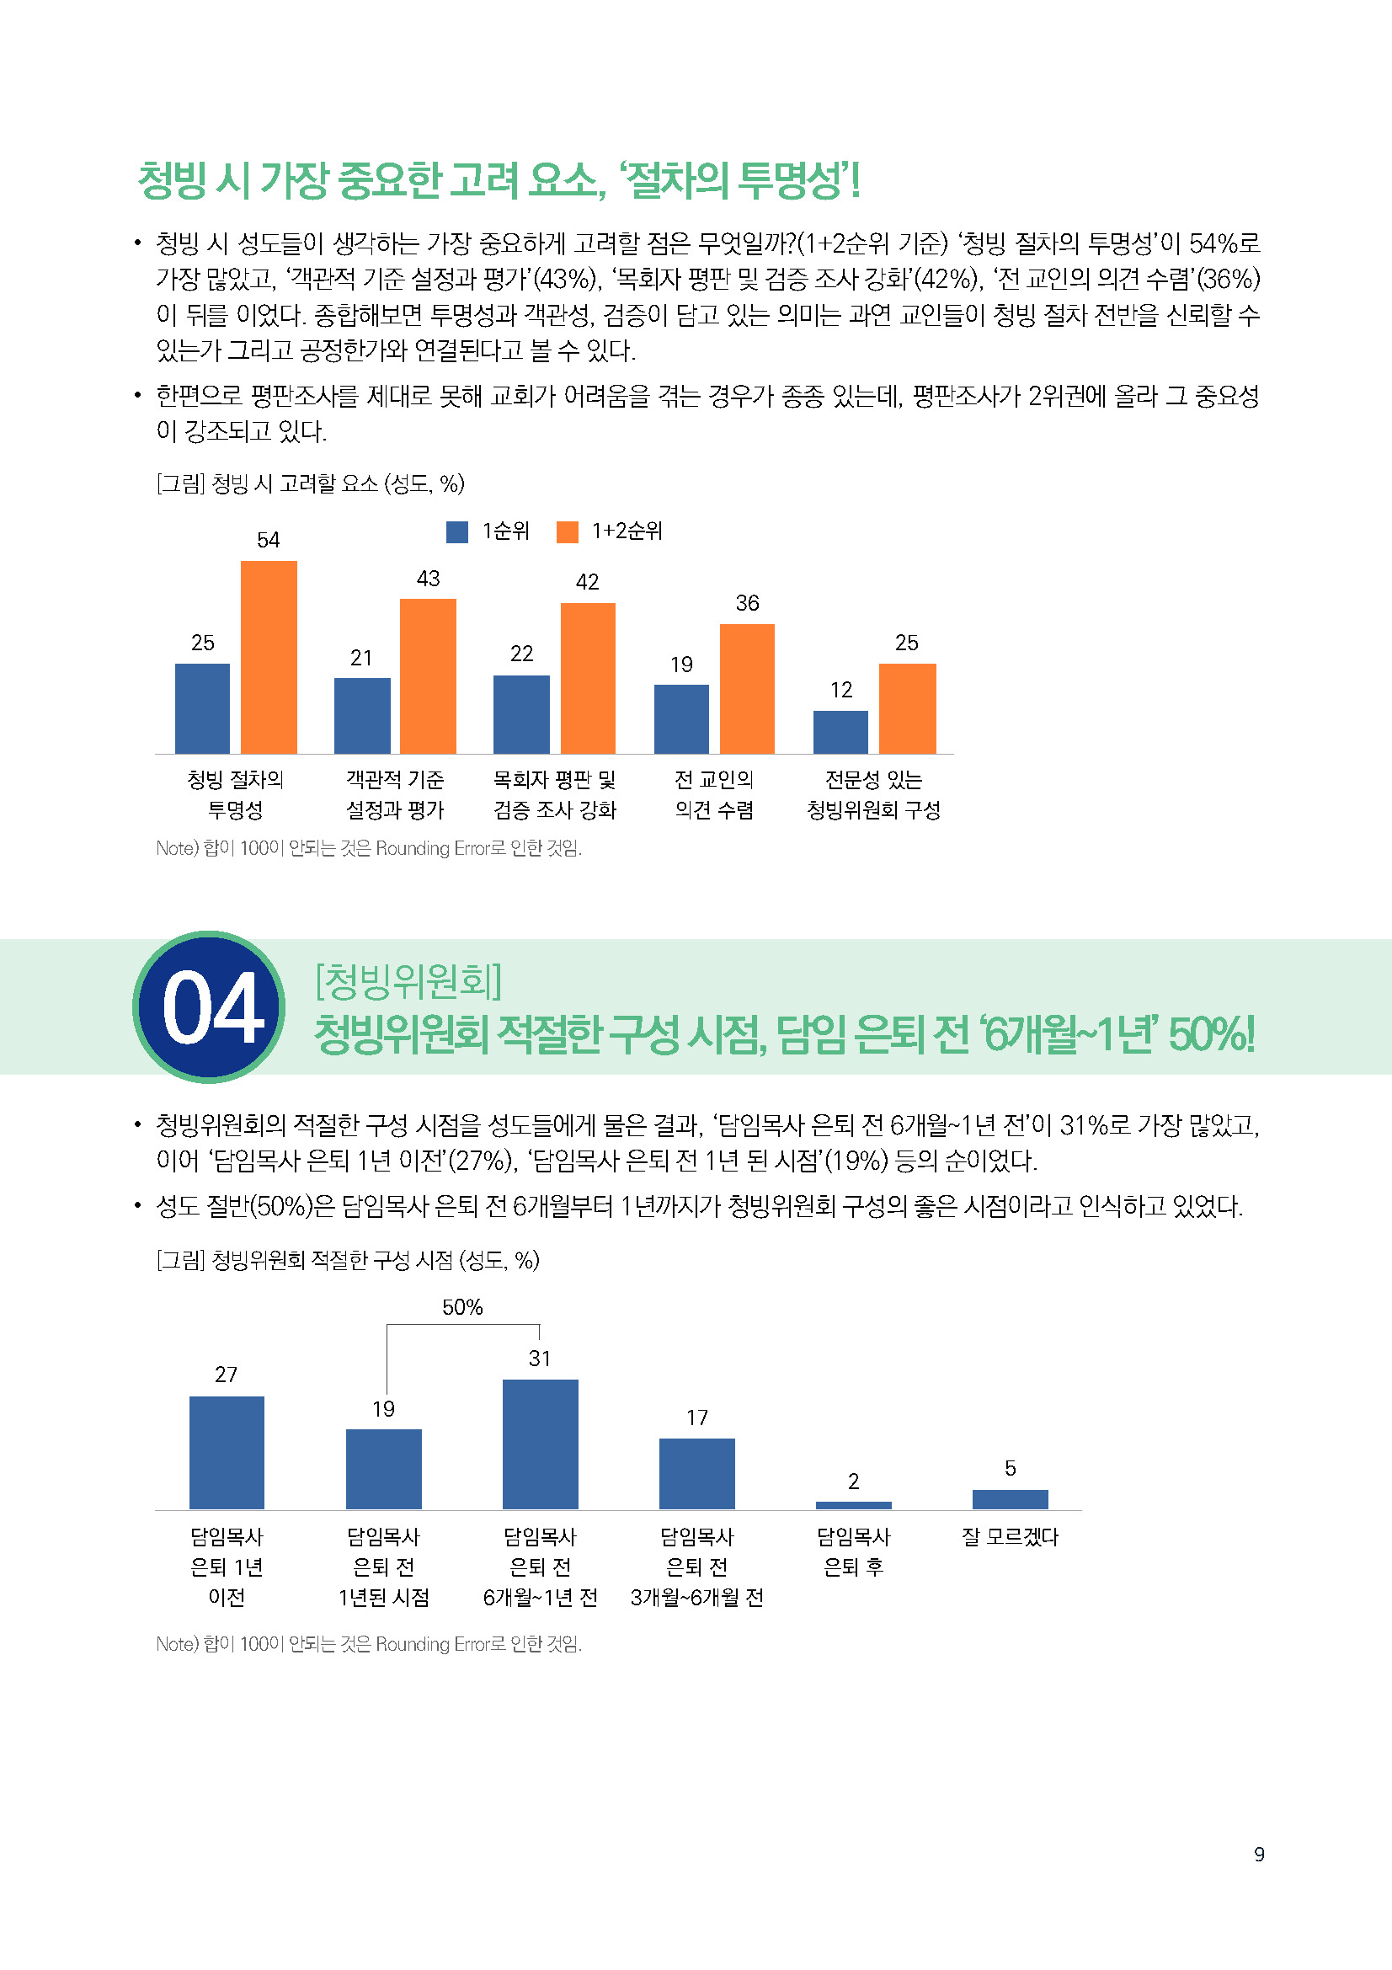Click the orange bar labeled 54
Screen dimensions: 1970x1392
269,657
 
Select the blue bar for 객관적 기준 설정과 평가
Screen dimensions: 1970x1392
362,716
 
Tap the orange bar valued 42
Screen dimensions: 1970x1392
588,678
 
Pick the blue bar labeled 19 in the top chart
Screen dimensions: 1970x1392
681,719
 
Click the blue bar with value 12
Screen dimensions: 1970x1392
840,732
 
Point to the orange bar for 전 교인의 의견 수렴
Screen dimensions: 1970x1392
747,689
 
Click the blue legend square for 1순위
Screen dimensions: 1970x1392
457,532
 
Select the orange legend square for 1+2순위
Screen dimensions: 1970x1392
567,532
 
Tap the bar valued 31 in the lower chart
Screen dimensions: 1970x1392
541,1444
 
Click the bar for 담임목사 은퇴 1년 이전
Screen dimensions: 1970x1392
227,1453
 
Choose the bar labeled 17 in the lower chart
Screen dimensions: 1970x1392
696,1473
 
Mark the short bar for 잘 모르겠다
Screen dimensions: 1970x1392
1010,1499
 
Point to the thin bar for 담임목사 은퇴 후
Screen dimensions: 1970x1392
853,1505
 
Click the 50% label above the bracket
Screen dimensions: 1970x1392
462,1307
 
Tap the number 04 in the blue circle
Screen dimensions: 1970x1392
211,1008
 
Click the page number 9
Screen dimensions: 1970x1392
1258,1854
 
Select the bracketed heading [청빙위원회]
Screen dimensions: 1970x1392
408,980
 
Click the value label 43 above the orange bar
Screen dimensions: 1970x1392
428,579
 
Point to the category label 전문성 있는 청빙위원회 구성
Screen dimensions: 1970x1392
873,794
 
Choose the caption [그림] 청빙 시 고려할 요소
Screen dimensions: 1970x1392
310,484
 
